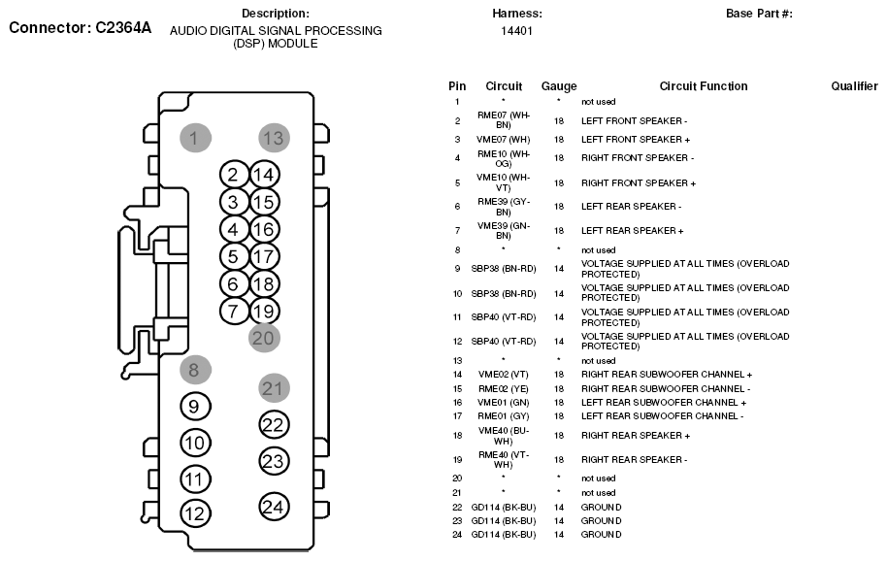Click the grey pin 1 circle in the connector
point(195,138)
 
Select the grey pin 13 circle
point(274,138)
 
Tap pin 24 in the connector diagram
point(275,506)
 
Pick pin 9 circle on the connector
point(195,407)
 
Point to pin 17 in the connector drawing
point(263,257)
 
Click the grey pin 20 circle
point(263,338)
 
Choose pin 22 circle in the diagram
point(275,425)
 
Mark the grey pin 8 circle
point(195,369)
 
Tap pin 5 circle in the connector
point(233,257)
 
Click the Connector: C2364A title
point(81,27)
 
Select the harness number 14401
point(516,31)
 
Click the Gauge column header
point(559,86)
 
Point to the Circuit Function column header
point(704,86)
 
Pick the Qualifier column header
point(854,86)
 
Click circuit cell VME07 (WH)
point(504,139)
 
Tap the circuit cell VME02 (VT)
point(504,375)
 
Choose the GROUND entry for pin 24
point(601,535)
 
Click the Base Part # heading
point(759,14)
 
